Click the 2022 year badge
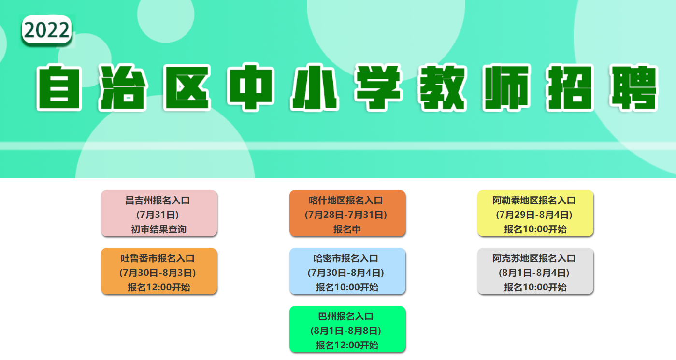tap(46, 30)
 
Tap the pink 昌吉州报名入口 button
tap(159, 213)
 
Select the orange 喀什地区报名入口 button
tap(347, 213)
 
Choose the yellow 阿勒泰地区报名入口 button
tap(535, 213)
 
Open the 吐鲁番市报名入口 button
tap(159, 271)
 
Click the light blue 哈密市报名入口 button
tap(347, 271)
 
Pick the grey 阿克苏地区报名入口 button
tap(535, 271)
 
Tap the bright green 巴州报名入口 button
tap(347, 329)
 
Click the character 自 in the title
tap(59, 87)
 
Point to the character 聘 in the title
tap(633, 87)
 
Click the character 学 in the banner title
tap(378, 87)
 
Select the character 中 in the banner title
tap(251, 87)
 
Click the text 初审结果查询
tap(159, 230)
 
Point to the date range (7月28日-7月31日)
tap(346, 215)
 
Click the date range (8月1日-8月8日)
tap(346, 331)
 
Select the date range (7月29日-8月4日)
tap(534, 215)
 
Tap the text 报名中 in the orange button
tap(347, 230)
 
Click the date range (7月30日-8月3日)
tap(158, 273)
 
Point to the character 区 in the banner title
tap(187, 87)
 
